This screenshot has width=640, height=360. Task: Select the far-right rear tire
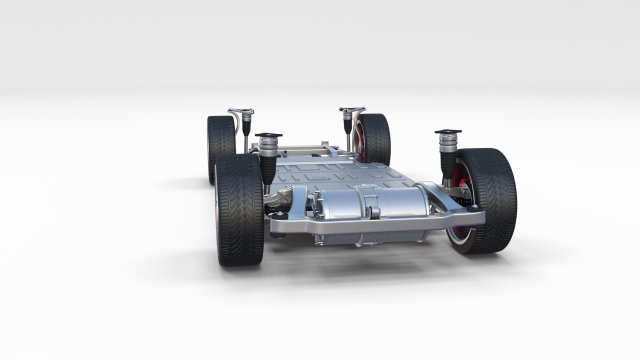pos(374,138)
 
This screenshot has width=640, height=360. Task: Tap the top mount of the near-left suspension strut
pos(267,135)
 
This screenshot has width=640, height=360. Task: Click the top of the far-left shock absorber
pos(238,110)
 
